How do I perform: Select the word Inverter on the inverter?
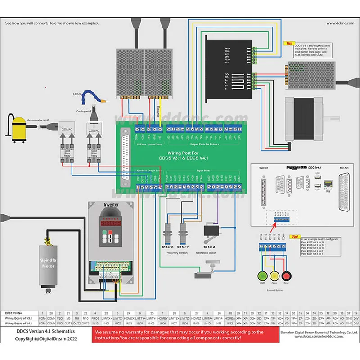pos(111,205)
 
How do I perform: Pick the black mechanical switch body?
pos(211,230)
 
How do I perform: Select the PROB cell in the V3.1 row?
pos(96,318)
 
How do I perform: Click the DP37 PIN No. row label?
pos(18,312)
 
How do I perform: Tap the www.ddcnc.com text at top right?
pos(341,23)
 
